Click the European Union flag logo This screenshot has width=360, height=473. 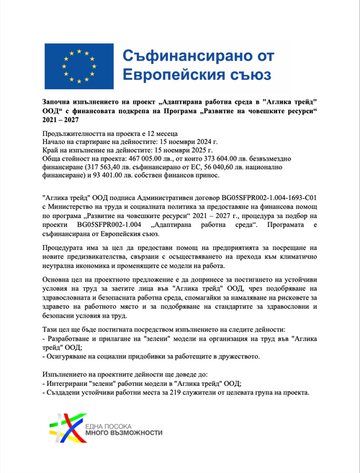click(76, 65)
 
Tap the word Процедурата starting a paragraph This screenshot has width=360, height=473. click(65, 247)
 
